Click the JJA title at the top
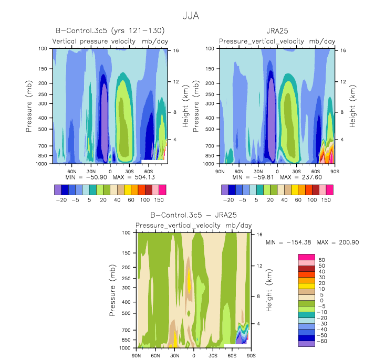click(x=191, y=16)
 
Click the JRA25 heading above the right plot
click(x=277, y=31)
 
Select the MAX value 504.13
click(x=145, y=177)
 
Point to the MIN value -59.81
click(x=263, y=177)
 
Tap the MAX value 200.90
click(x=349, y=242)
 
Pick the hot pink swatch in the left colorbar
click(x=162, y=190)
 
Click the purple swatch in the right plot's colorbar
click(x=225, y=190)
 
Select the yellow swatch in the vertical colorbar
click(x=306, y=286)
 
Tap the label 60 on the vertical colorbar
click(x=321, y=260)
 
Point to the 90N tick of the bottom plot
click(x=136, y=356)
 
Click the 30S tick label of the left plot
click(x=129, y=171)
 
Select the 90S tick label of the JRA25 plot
click(x=335, y=171)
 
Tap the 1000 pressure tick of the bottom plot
click(x=125, y=348)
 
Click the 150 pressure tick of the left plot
click(x=43, y=69)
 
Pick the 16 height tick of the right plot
click(x=343, y=50)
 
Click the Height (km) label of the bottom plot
click(x=269, y=290)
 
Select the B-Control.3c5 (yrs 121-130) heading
click(x=110, y=30)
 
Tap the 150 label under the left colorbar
click(x=159, y=200)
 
